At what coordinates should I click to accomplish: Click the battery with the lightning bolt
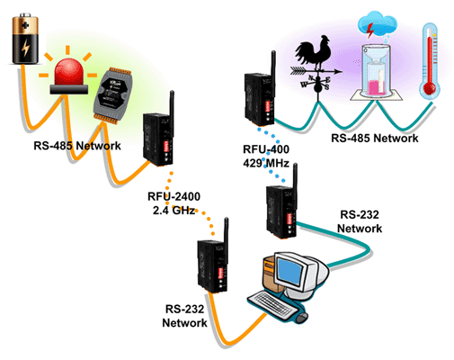25,39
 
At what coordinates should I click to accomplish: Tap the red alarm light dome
68,72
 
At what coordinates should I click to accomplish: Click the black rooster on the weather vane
314,51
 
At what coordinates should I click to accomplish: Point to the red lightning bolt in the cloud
370,31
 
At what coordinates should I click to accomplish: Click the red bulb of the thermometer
430,89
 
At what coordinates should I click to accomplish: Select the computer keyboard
272,304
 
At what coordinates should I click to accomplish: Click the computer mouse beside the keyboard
302,318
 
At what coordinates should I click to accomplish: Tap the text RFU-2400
174,197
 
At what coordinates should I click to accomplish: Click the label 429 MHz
266,163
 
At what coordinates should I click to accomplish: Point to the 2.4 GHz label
174,211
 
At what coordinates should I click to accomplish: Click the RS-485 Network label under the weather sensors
375,138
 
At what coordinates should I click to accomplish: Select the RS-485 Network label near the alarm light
77,146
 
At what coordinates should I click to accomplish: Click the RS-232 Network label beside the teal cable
360,221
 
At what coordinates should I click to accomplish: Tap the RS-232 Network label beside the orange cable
184,316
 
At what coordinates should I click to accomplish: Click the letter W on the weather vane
304,85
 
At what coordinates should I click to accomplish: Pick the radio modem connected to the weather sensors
260,90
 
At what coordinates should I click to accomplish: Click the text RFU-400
266,149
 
